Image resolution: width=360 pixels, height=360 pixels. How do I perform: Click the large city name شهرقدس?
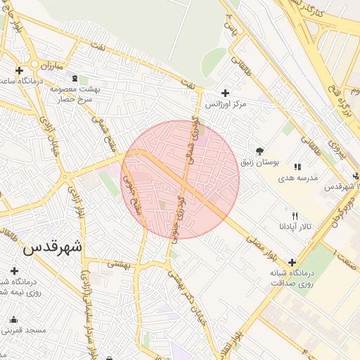52,247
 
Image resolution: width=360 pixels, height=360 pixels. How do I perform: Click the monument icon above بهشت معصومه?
84,79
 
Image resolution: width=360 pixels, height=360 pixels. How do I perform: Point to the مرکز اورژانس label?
226,104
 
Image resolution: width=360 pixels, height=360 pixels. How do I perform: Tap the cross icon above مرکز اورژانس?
225,93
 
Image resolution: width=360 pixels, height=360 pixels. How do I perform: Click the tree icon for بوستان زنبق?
259,151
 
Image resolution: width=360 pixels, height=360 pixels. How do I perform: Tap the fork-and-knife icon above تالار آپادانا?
295,216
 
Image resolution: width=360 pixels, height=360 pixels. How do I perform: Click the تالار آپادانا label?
300,227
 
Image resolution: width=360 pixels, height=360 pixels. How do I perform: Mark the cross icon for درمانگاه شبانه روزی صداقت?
292,262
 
